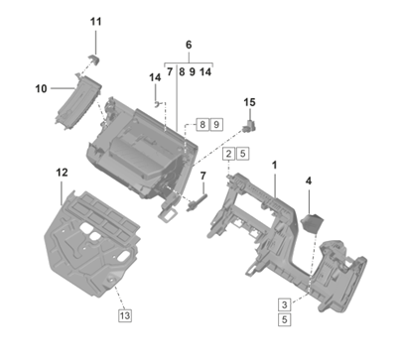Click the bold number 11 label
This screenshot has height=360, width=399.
click(x=96, y=22)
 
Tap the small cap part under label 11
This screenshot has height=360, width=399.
click(x=94, y=60)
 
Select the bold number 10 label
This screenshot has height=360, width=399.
click(x=42, y=88)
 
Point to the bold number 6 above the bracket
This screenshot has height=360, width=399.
click(x=189, y=45)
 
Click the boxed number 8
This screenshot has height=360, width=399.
click(x=202, y=125)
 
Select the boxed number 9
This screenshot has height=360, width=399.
click(x=216, y=125)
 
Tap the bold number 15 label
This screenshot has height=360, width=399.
click(x=250, y=102)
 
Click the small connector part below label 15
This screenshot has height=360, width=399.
click(x=250, y=126)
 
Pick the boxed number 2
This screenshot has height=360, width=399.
click(x=229, y=154)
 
